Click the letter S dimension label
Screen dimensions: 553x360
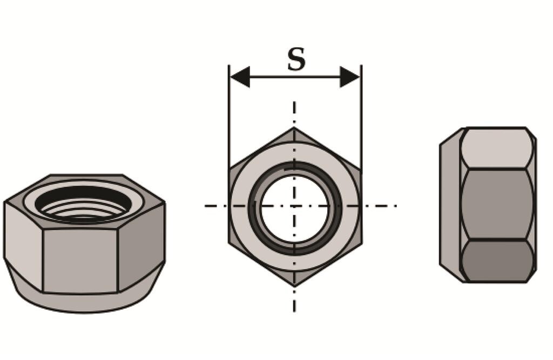(x=296, y=59)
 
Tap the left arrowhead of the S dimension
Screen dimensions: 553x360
(x=239, y=77)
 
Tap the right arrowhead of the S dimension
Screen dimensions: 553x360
(x=350, y=77)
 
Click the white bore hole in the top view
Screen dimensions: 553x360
(x=294, y=208)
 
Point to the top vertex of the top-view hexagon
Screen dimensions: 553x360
(x=294, y=127)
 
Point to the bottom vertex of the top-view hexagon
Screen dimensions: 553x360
(x=294, y=286)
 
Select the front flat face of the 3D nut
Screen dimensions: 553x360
(x=80, y=261)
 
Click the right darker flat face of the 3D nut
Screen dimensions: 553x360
(x=141, y=247)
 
